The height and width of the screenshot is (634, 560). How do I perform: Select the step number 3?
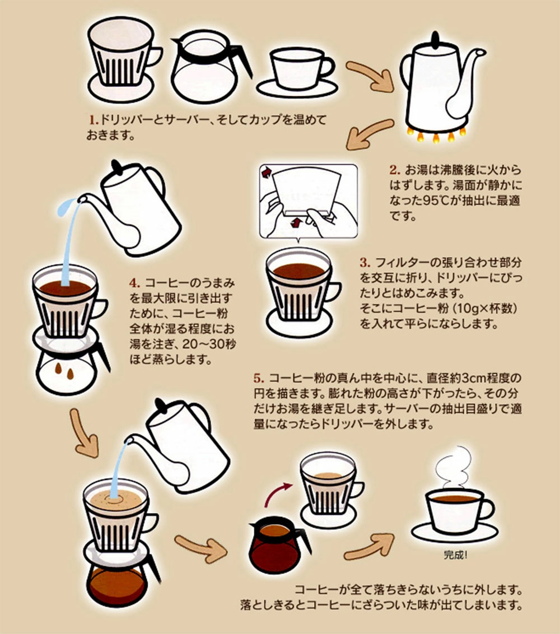coord(365,263)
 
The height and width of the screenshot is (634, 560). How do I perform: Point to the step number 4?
coord(135,283)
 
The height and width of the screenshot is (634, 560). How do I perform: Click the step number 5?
coord(259,378)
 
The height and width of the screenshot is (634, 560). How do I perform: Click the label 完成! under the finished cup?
coord(455,554)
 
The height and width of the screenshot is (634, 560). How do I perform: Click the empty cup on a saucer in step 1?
coord(298,73)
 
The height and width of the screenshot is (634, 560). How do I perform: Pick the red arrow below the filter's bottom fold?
coord(297,222)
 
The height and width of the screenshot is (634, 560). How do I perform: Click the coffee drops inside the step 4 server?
coord(64,371)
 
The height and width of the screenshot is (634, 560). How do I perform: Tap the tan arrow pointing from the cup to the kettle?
coord(370,75)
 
